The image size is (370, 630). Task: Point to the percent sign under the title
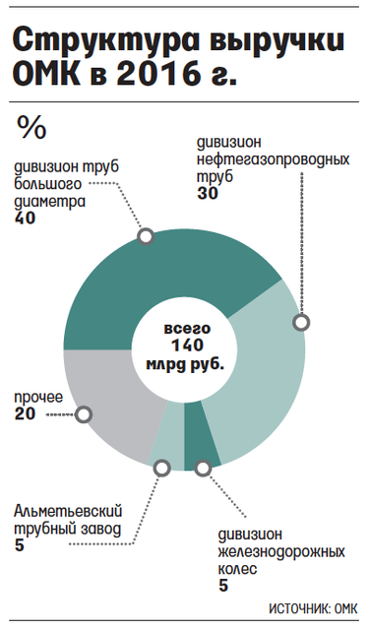[31, 128]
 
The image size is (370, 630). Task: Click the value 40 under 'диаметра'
[25, 218]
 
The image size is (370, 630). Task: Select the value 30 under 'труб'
[208, 193]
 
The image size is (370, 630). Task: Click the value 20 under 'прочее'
[25, 413]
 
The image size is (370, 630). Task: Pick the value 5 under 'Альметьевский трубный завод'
[20, 545]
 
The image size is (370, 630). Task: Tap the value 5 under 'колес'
[223, 585]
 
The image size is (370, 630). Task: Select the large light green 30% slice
[261, 382]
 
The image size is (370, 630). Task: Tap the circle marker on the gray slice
[84, 414]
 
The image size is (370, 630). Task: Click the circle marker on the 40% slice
[146, 236]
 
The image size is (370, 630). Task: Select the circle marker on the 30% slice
[301, 322]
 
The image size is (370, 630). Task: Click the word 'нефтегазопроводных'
[274, 159]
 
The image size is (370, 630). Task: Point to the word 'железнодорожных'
[281, 551]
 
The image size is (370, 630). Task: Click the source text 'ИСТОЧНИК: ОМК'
[313, 608]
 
